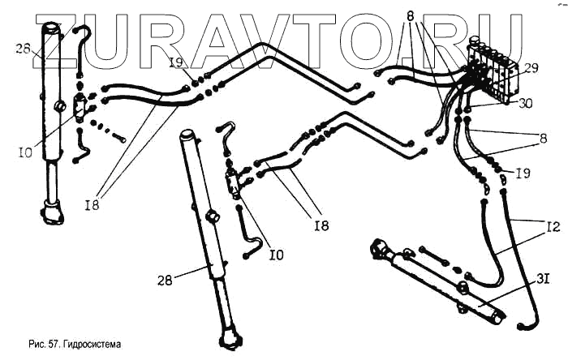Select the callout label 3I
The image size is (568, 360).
(x=542, y=280)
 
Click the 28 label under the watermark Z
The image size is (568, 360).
(x=24, y=50)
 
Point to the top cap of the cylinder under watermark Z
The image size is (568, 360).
(x=54, y=30)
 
